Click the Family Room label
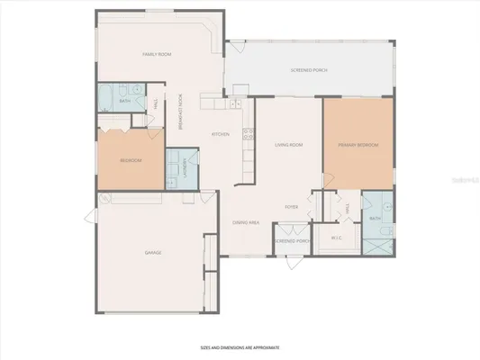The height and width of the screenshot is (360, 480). pyautogui.click(x=157, y=55)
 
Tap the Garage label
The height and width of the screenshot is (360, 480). pyautogui.click(x=153, y=253)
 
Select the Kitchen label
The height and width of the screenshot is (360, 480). pyautogui.click(x=220, y=134)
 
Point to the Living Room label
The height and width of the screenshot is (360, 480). pyautogui.click(x=288, y=145)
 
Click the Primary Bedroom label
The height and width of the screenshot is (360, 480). pyautogui.click(x=358, y=145)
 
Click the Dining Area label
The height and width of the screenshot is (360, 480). pyautogui.click(x=246, y=221)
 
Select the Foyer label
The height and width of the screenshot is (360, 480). pyautogui.click(x=292, y=207)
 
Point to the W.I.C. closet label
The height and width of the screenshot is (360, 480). pyautogui.click(x=337, y=238)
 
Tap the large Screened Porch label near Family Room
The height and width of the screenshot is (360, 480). pyautogui.click(x=308, y=69)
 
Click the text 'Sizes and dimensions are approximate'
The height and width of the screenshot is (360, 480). pyautogui.click(x=240, y=346)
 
